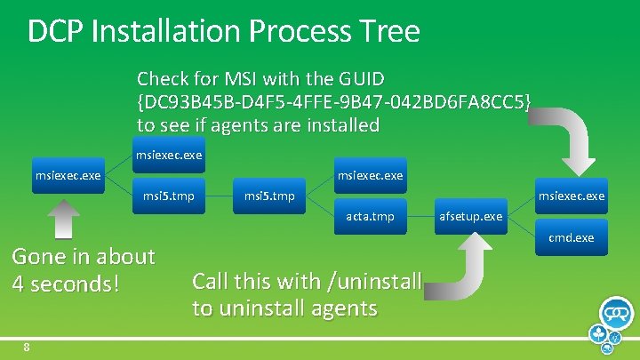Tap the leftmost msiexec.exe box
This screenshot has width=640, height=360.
(68, 176)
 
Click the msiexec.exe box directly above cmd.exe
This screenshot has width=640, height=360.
(571, 196)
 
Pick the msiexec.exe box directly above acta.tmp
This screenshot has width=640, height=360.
(369, 176)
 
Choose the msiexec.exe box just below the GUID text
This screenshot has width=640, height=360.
(168, 155)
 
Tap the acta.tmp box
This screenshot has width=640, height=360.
(369, 216)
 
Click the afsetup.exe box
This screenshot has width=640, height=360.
(469, 216)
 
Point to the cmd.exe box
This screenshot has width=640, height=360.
(571, 237)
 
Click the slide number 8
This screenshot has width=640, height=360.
(28, 347)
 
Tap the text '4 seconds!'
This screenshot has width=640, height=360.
(65, 284)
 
